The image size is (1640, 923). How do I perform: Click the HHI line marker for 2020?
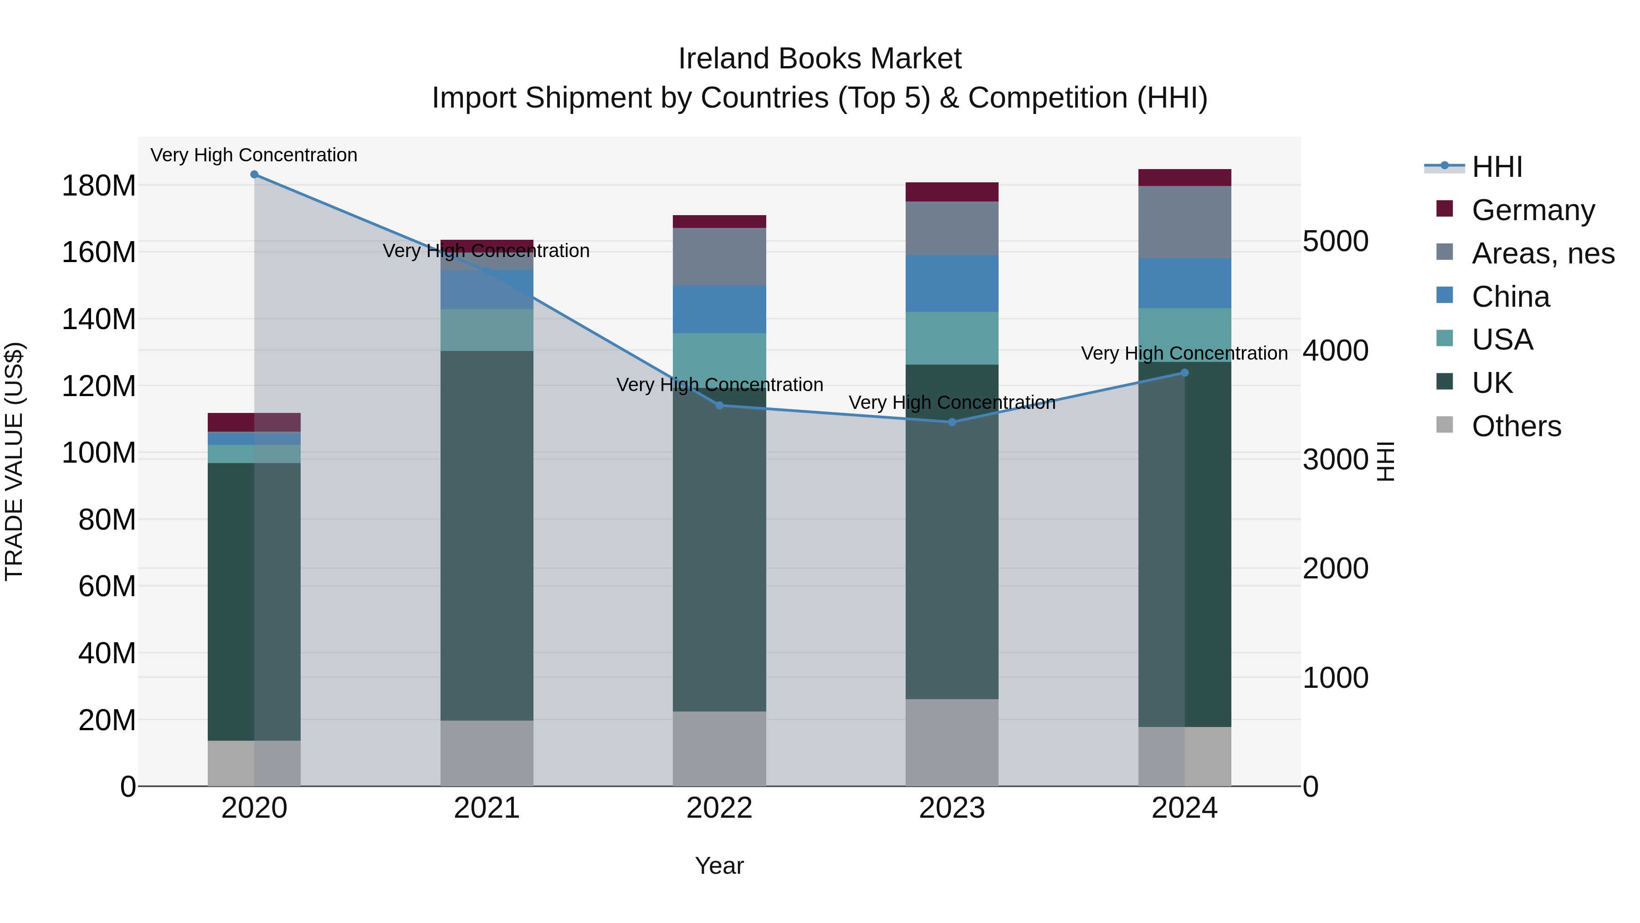pos(254,175)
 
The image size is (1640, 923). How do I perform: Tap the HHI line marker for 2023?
pos(952,423)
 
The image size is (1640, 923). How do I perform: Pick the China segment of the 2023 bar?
pos(952,284)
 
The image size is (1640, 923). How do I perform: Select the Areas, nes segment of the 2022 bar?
pos(719,257)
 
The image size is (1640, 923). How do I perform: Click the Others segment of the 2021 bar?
pos(487,753)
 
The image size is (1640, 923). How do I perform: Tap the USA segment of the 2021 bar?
pos(487,330)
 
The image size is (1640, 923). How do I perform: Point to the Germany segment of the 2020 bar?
pos(254,423)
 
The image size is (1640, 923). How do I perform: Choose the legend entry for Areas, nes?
pos(1542,253)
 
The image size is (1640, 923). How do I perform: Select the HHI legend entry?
pos(1496,167)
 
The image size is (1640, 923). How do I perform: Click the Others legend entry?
pos(1515,426)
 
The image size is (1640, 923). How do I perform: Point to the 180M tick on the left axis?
pos(99,186)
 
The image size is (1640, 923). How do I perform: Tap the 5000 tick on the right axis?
pos(1335,242)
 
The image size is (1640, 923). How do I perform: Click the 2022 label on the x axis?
pos(719,808)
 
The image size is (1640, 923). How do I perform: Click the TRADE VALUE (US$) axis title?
pos(14,461)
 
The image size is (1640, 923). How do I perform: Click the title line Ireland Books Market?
pos(820,59)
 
